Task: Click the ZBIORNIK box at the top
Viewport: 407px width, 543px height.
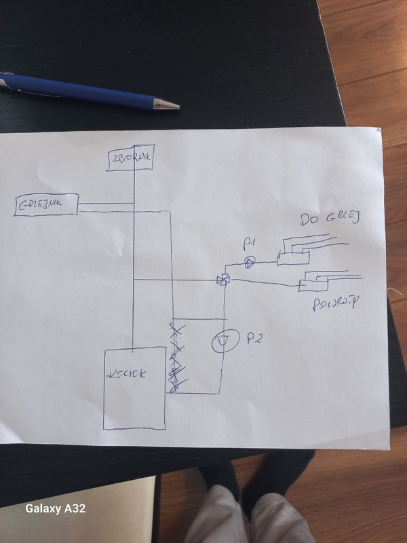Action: (134, 157)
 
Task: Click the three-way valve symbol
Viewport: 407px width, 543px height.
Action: (222, 279)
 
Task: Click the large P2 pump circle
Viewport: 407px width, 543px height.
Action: (222, 341)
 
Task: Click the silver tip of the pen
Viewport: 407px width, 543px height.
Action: (167, 105)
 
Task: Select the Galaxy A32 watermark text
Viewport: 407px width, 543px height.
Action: (55, 508)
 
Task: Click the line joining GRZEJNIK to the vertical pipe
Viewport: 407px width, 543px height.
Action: (106, 205)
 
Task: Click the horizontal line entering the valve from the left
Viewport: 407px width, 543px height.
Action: (176, 280)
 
